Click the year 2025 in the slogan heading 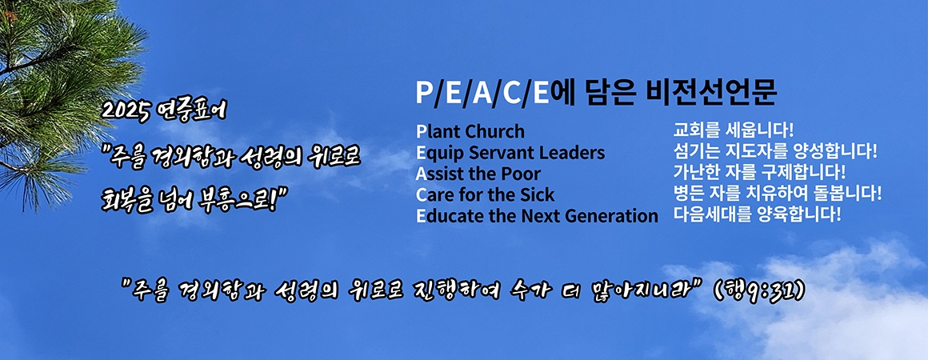pyautogui.click(x=126, y=111)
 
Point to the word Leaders pyautogui.click(x=573, y=153)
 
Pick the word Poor pyautogui.click(x=522, y=174)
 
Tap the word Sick pyautogui.click(x=536, y=195)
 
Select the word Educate pyautogui.click(x=448, y=216)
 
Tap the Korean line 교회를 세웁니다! pyautogui.click(x=734, y=129)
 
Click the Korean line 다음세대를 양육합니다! pyautogui.click(x=757, y=214)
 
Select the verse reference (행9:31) pyautogui.click(x=758, y=290)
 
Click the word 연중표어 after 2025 pyautogui.click(x=192, y=111)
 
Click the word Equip pyautogui.click(x=439, y=154)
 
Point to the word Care pyautogui.click(x=436, y=195)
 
